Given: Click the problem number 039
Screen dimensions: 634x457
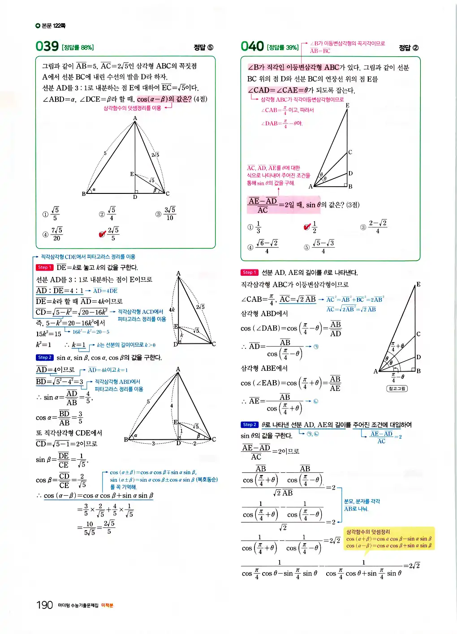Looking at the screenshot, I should (47, 46).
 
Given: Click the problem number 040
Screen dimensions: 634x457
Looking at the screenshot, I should (252, 46).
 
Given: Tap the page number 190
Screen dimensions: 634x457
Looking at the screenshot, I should (44, 605).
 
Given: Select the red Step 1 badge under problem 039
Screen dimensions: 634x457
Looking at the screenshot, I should (44, 267).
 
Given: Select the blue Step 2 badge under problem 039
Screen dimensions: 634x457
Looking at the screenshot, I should (44, 357).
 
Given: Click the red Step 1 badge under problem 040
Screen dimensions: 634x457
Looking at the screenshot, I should (250, 272).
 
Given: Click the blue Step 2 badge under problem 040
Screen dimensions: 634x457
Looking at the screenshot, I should (250, 424).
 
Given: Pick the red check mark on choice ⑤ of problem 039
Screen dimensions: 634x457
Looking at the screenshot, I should (103, 234).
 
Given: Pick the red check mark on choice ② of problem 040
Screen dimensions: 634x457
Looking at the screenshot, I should (307, 227).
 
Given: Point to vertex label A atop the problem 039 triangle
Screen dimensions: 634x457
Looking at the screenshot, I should (135, 118).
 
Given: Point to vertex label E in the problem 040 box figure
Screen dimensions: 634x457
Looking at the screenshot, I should (347, 106).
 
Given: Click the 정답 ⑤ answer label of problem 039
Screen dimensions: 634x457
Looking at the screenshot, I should (203, 47).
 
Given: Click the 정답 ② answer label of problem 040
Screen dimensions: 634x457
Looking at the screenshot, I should (409, 47).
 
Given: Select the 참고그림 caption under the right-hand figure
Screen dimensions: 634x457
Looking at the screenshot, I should (397, 389).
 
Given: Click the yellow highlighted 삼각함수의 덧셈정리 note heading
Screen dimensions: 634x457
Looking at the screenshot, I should (368, 532).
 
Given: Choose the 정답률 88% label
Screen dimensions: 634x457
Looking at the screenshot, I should (78, 47).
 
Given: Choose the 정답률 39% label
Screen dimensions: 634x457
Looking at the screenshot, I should (283, 47).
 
